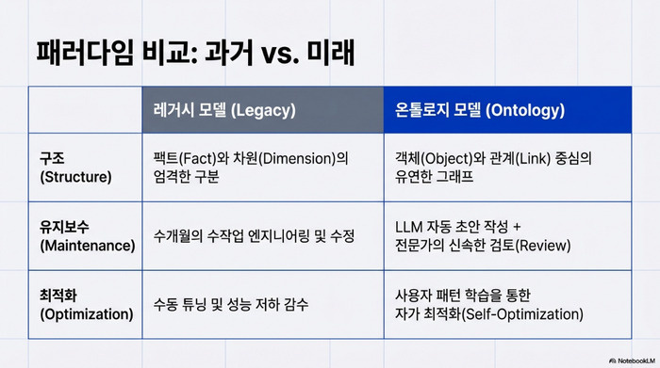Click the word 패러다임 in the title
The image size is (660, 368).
tap(85, 53)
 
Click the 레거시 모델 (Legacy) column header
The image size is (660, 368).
tap(224, 110)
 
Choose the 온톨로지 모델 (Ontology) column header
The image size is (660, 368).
tap(480, 110)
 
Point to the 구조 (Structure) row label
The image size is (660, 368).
tap(75, 168)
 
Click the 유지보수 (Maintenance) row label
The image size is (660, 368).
tap(88, 236)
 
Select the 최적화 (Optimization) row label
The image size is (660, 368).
tap(87, 305)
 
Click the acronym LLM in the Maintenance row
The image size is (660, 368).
tap(408, 227)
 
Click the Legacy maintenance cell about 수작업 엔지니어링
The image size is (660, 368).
tap(254, 236)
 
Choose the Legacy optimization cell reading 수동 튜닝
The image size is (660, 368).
tap(231, 305)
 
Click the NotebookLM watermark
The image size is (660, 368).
tap(633, 360)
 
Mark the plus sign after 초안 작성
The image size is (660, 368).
tap(517, 227)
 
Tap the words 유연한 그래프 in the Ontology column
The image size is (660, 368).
tap(434, 176)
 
